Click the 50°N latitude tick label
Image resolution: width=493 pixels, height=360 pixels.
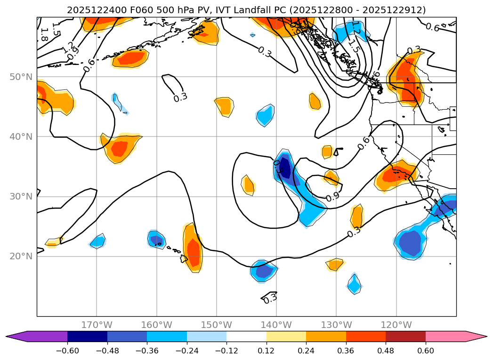click(22, 77)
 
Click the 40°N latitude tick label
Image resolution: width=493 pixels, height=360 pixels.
click(22, 137)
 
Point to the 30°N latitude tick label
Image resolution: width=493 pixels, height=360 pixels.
click(22, 197)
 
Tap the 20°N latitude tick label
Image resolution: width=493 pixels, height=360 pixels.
click(22, 256)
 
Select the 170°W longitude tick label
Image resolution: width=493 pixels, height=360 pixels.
click(97, 325)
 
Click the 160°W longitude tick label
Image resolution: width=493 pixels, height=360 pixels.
click(156, 325)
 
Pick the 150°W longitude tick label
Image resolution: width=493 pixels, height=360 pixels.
click(217, 325)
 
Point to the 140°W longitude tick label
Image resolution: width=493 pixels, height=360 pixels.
click(276, 325)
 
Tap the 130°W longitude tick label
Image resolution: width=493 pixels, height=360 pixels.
click(336, 325)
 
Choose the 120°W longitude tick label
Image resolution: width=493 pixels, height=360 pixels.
click(396, 325)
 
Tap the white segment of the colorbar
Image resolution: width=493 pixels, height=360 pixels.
click(246, 336)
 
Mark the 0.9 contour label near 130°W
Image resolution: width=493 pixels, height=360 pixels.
click(332, 197)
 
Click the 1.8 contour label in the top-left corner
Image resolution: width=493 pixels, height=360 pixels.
click(44, 33)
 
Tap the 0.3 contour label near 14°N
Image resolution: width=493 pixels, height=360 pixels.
click(270, 298)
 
